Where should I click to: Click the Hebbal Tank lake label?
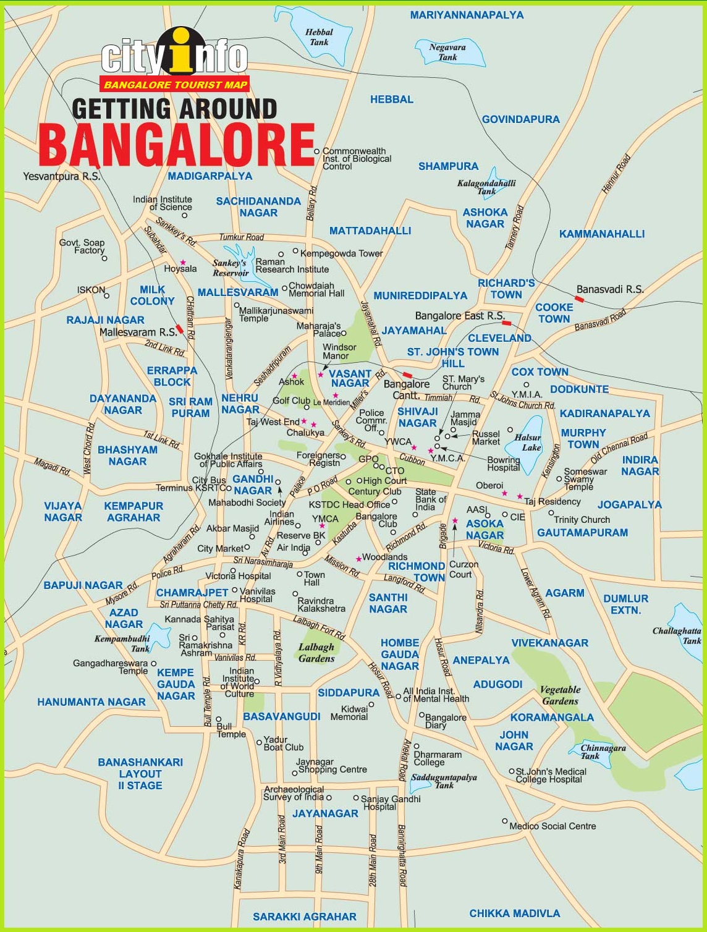click(319, 37)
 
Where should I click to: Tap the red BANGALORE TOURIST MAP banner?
click(175, 85)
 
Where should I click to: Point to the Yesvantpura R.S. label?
click(61, 176)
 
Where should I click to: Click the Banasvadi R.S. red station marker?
click(579, 299)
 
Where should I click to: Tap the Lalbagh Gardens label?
click(316, 653)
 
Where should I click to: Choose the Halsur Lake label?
click(528, 443)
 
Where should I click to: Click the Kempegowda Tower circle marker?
click(295, 252)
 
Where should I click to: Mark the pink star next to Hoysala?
click(183, 262)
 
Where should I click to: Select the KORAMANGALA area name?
click(552, 718)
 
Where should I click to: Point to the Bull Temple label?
click(231, 730)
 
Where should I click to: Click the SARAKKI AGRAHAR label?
click(304, 917)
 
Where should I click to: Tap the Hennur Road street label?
click(616, 174)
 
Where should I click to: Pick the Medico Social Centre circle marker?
click(504, 821)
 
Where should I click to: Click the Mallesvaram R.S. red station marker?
click(179, 329)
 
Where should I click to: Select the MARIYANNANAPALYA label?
click(467, 15)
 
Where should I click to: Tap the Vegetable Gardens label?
click(560, 695)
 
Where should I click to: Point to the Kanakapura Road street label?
click(242, 859)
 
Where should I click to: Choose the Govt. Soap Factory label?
click(82, 247)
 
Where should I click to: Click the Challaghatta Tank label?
click(677, 635)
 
